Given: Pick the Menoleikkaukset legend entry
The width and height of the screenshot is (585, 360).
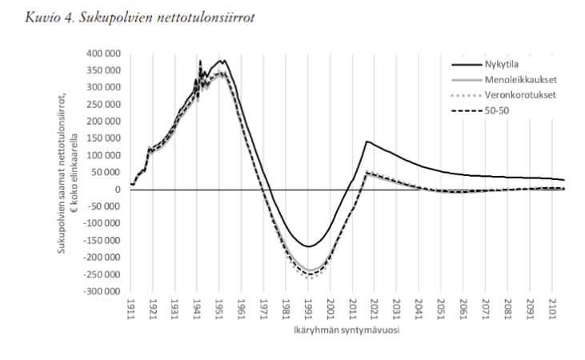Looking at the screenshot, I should click(x=518, y=81).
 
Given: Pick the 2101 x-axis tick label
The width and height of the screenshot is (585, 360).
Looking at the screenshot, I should click(x=552, y=310).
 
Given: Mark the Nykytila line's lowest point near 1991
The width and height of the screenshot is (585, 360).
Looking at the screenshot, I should click(x=307, y=246).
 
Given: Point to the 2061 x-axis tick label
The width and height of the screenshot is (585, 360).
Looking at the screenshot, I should click(x=464, y=310).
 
